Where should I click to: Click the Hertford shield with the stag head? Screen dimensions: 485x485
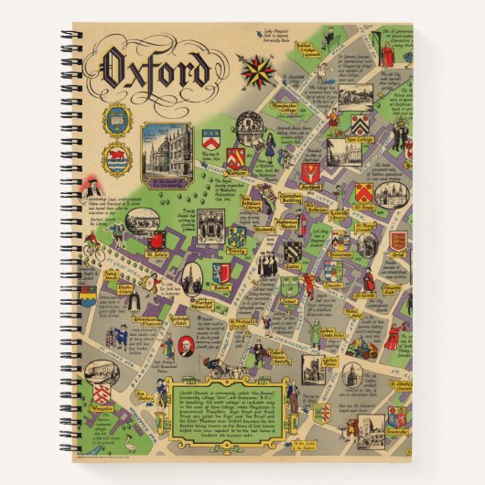[310, 171]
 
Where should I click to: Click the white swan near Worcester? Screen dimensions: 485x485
[130, 446]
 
